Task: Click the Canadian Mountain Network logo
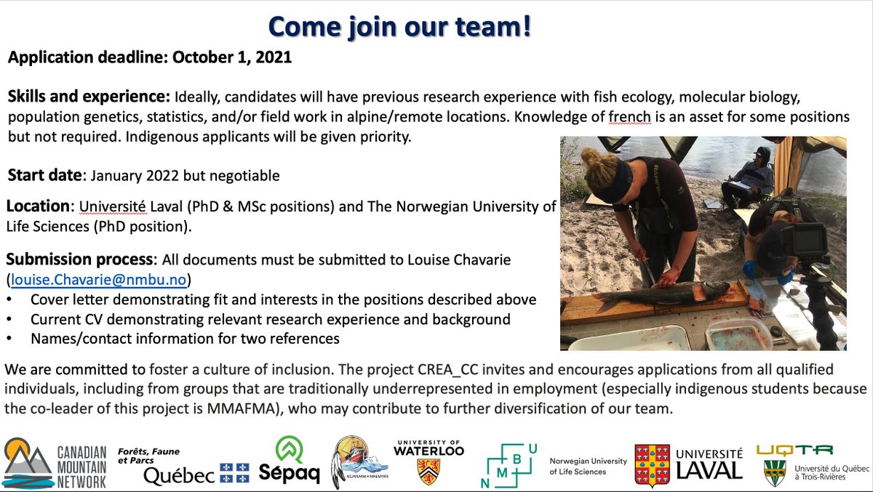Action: (x=55, y=463)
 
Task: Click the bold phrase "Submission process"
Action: (x=80, y=259)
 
